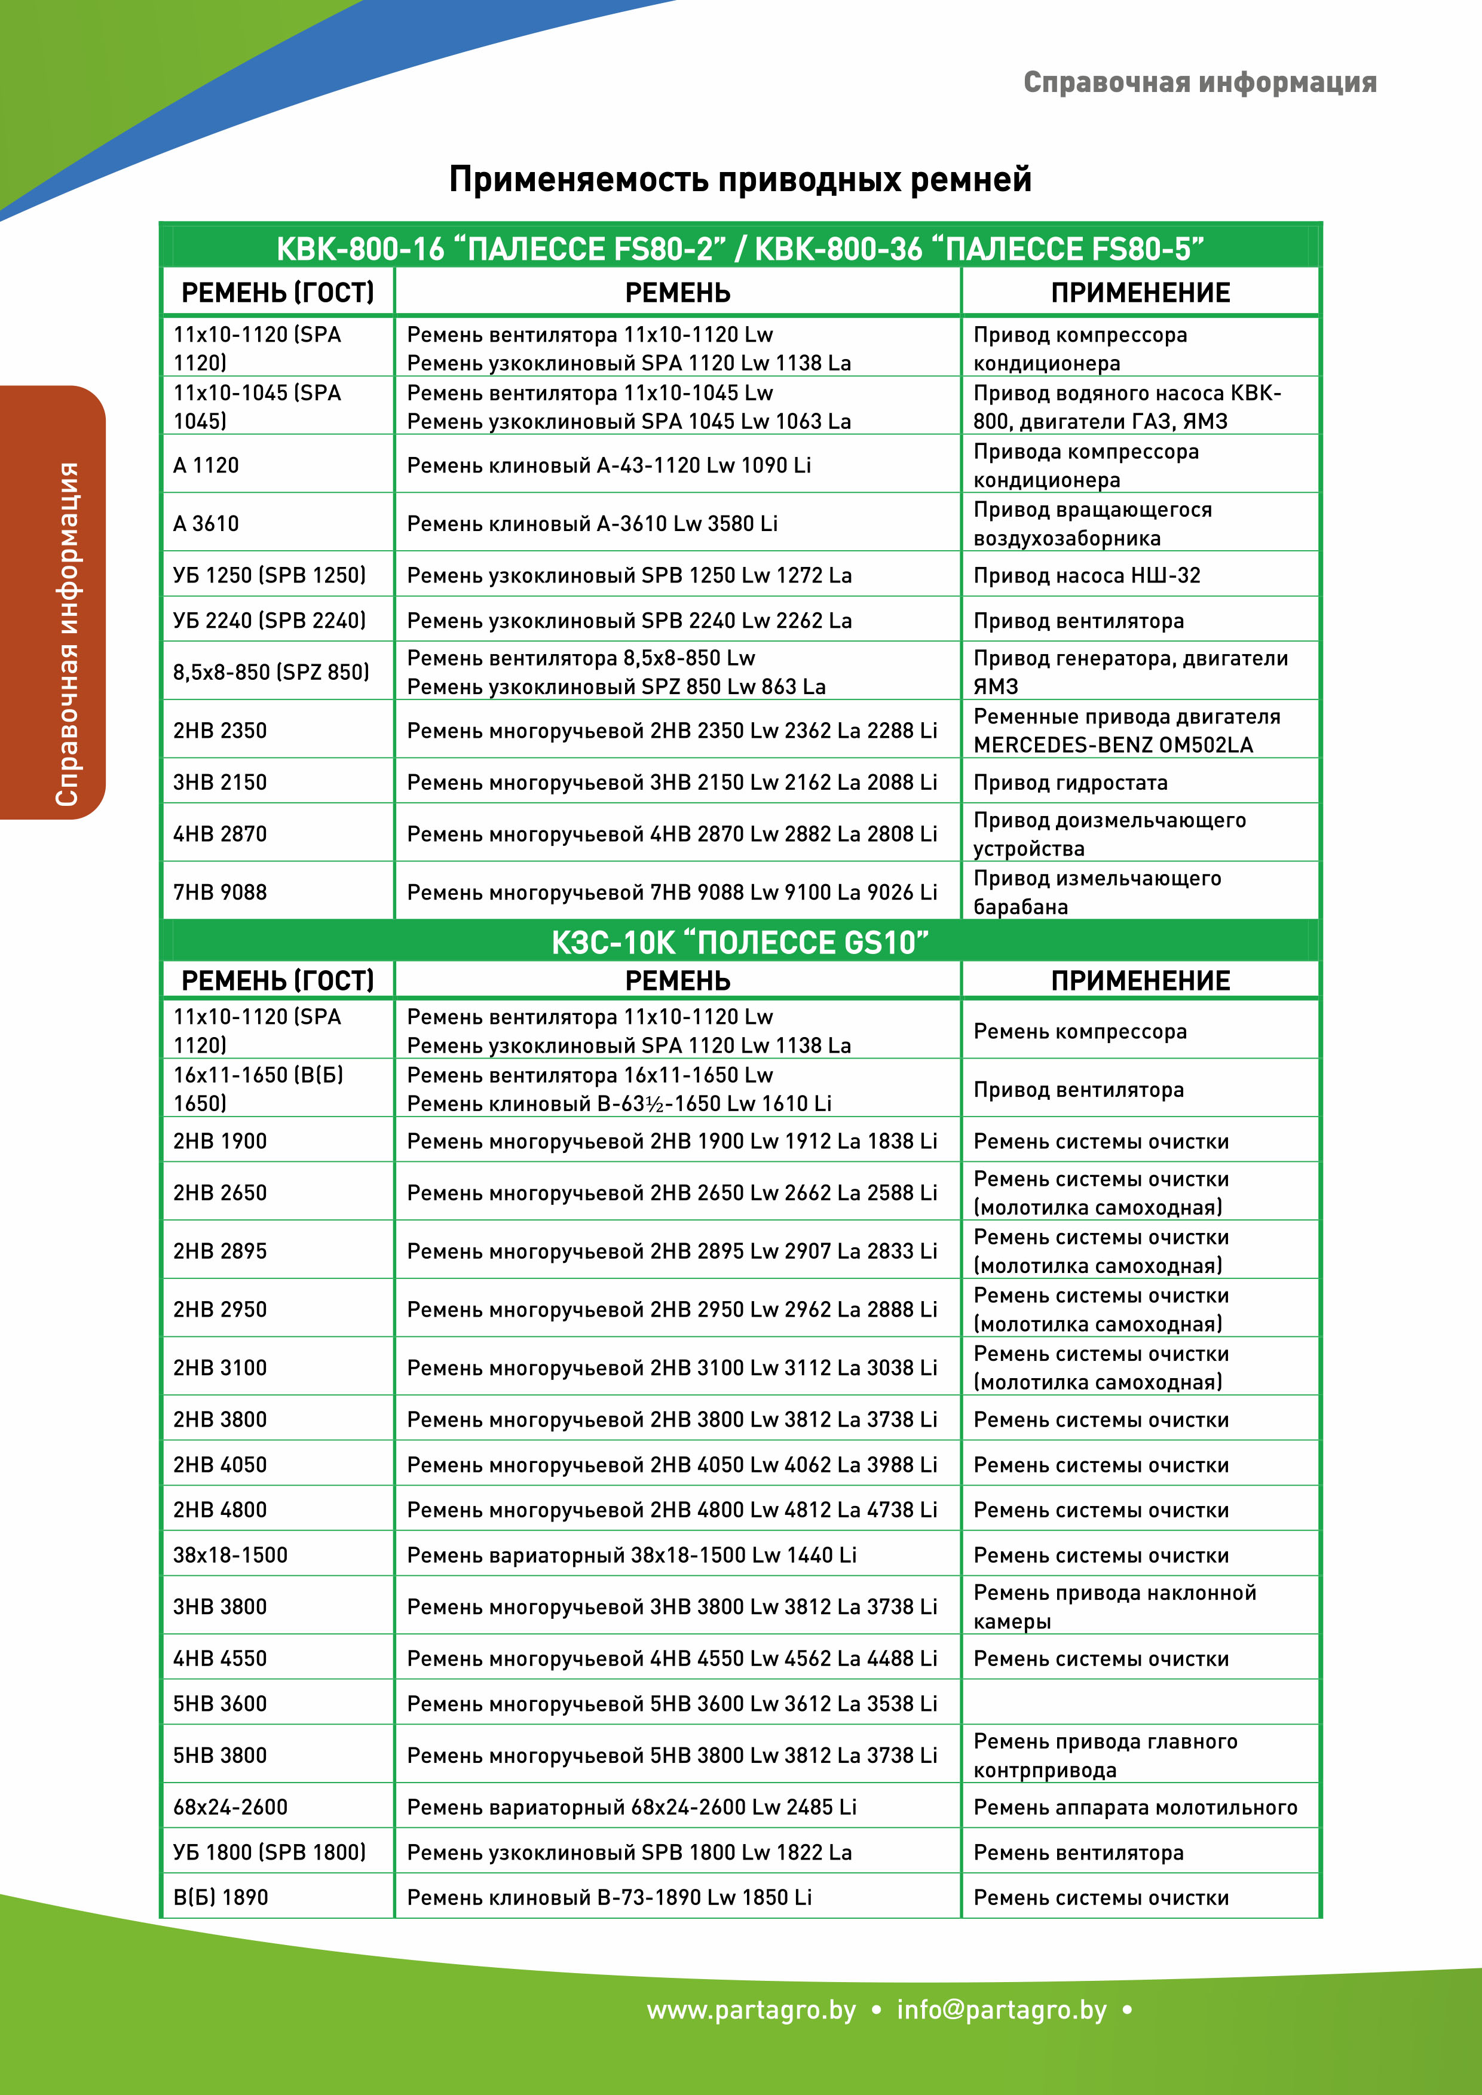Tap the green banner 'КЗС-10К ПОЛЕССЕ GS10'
point(740,941)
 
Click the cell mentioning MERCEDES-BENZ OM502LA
point(1126,731)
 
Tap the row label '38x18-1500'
point(230,1555)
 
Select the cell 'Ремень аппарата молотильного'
point(1134,1806)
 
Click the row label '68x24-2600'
point(230,1806)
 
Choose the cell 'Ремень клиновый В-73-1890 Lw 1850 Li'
point(609,1897)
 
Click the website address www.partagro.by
point(751,2010)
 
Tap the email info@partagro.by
point(1001,2010)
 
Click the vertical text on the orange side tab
point(66,634)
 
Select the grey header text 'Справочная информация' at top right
point(1199,82)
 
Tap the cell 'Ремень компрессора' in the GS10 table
point(1080,1031)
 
